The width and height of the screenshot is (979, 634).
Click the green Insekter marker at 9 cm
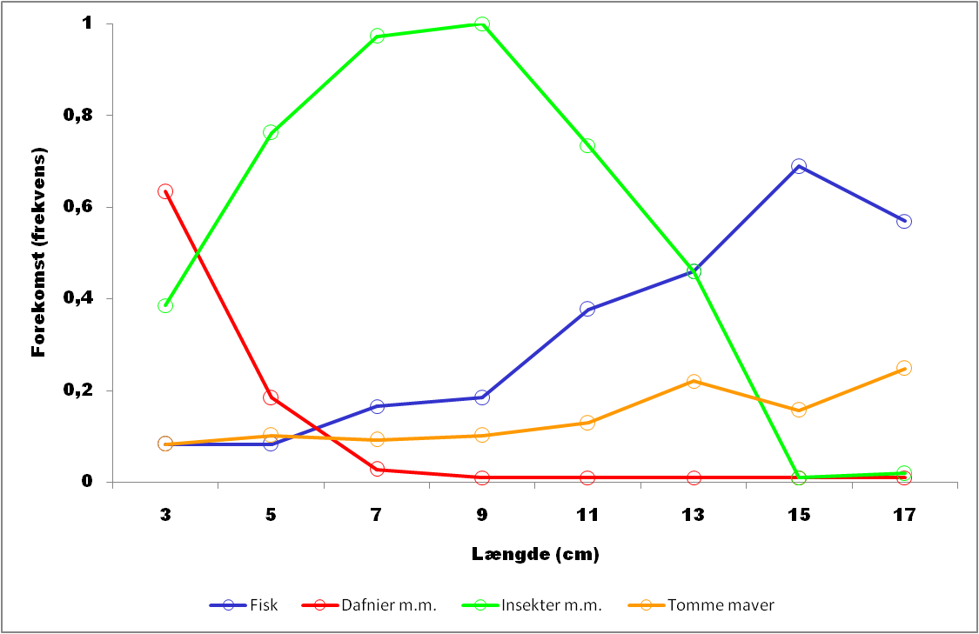[x=482, y=24]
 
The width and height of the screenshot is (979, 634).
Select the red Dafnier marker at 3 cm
[x=165, y=191]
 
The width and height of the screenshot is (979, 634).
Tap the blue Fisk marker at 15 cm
[x=799, y=166]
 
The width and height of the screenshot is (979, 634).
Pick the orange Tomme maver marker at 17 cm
[x=904, y=368]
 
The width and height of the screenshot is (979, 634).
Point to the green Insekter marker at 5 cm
[x=271, y=132]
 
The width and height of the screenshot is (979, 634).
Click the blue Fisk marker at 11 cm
[x=587, y=309]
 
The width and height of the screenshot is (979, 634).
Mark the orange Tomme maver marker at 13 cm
[x=694, y=381]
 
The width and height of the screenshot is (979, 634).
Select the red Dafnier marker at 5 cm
[x=271, y=397]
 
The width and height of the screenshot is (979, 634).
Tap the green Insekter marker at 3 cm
[x=165, y=305]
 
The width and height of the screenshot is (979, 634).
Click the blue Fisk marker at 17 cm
[x=904, y=221]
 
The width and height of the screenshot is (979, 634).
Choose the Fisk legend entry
[x=243, y=605]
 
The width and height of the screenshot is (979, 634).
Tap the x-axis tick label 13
[x=694, y=515]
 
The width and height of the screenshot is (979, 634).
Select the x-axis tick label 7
[x=377, y=515]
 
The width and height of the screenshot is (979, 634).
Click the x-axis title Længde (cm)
[x=535, y=553]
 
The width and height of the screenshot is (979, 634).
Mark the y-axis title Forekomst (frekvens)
[x=38, y=252]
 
